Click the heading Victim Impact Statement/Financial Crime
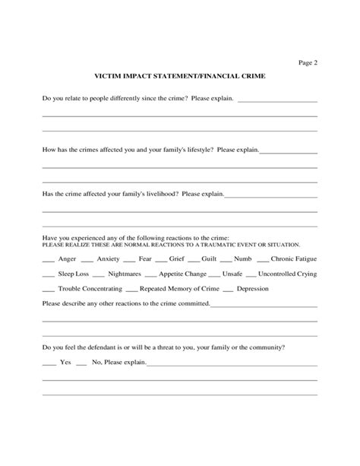click(x=179, y=78)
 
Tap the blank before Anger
click(x=48, y=260)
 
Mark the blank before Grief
click(x=160, y=260)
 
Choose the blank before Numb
click(x=227, y=260)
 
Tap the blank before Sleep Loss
click(x=48, y=275)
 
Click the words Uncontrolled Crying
click(x=287, y=274)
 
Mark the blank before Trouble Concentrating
click(x=48, y=290)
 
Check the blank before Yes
click(x=48, y=363)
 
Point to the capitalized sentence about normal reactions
click(x=171, y=245)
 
